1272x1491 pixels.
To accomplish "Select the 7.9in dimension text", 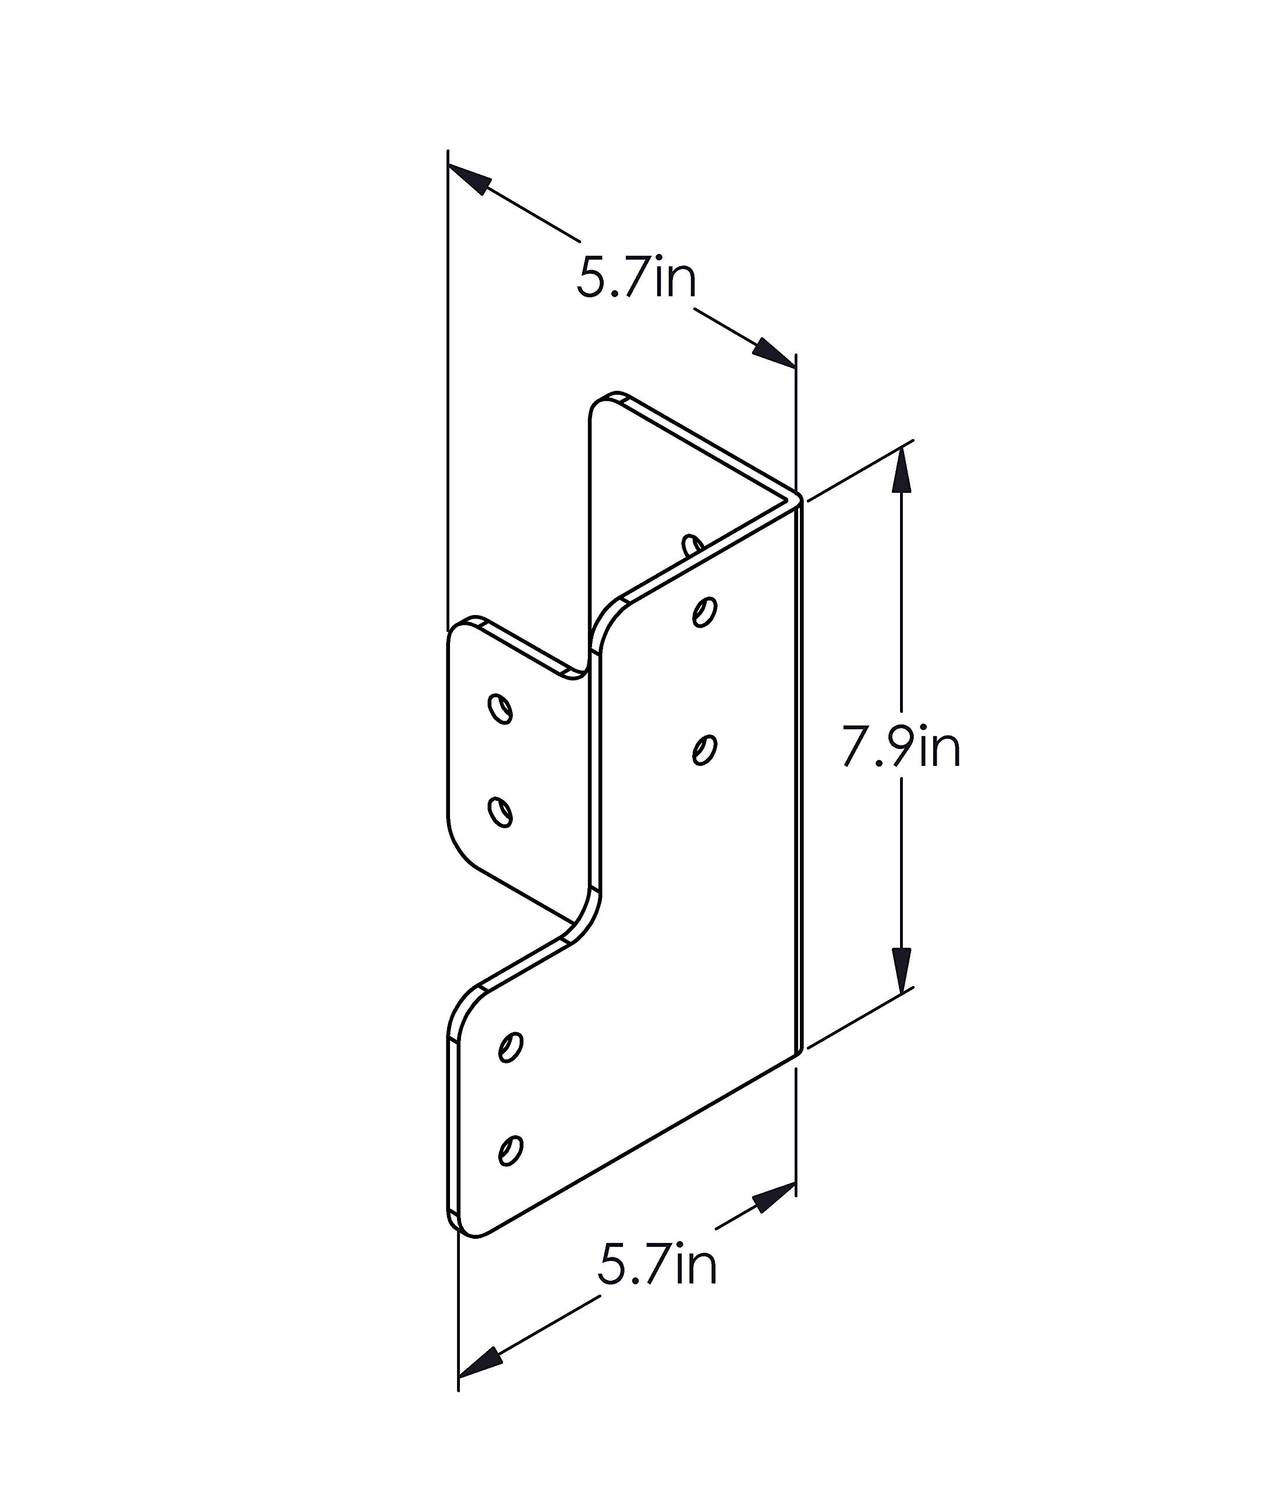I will coord(901,748).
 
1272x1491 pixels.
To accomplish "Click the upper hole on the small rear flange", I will coord(500,708).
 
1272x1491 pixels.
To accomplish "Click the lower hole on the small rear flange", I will coord(500,812).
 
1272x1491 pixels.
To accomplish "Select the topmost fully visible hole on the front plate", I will coord(704,612).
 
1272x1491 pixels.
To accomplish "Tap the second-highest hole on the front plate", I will coord(704,750).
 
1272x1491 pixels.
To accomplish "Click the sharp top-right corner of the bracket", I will coord(799,498).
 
